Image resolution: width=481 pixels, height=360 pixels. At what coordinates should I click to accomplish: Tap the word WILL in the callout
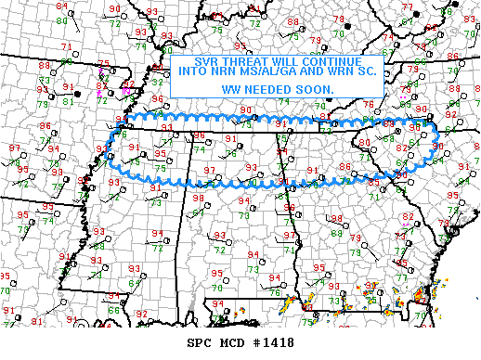click(266, 58)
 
